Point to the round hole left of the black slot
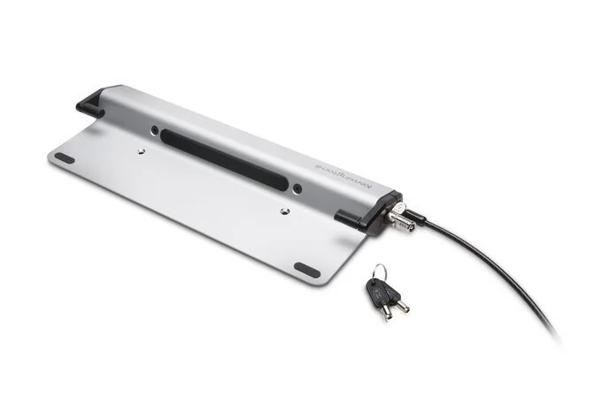(x=155, y=130)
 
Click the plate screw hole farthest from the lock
(x=143, y=151)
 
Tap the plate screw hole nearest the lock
(x=282, y=210)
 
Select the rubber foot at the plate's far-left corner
(x=64, y=157)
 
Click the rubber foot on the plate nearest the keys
(x=304, y=268)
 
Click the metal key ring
(x=379, y=271)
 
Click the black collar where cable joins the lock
(x=416, y=215)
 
